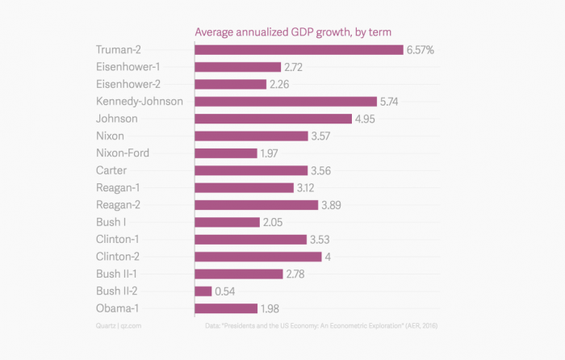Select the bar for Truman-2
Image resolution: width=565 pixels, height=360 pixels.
pyautogui.click(x=299, y=50)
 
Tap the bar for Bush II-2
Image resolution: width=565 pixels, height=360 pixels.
pyautogui.click(x=203, y=291)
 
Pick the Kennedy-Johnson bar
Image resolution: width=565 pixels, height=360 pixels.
pyautogui.click(x=286, y=102)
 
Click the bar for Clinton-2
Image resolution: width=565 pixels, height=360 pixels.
pyautogui.click(x=258, y=257)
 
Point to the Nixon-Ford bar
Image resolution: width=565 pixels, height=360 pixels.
pyautogui.click(x=226, y=153)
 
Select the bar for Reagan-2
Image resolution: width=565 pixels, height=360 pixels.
pyautogui.click(x=257, y=205)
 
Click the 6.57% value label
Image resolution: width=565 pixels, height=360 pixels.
pyautogui.click(x=421, y=50)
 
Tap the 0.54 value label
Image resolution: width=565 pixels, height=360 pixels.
pyautogui.click(x=227, y=291)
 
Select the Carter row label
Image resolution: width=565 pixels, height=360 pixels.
pyautogui.click(x=112, y=170)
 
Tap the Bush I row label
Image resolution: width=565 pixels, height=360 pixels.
pyautogui.click(x=113, y=222)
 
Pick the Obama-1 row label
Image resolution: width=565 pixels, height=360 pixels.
pyautogui.click(x=121, y=308)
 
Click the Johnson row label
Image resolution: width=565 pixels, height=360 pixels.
pyautogui.click(x=117, y=119)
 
